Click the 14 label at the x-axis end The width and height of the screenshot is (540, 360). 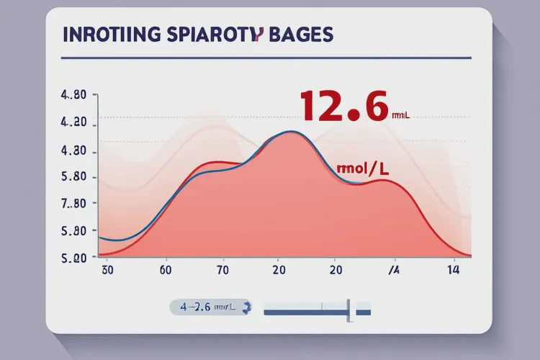pos(454,271)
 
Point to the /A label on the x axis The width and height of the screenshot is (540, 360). pos(394,271)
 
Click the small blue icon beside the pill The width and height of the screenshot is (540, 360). pos(248,307)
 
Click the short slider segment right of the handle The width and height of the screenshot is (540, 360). pos(362,312)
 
